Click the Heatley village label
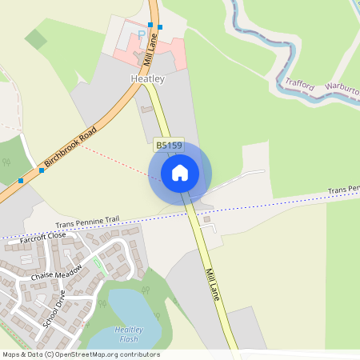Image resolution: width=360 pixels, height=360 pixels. (147, 79)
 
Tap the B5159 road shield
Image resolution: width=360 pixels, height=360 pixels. (168, 144)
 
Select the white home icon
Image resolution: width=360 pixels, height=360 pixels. (180, 172)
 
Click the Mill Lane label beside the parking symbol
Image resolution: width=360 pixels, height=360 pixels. (150, 49)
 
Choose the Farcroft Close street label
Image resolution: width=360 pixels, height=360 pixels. (44, 236)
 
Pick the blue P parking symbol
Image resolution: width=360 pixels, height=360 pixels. (142, 35)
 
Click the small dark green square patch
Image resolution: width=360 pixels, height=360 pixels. (36, 38)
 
